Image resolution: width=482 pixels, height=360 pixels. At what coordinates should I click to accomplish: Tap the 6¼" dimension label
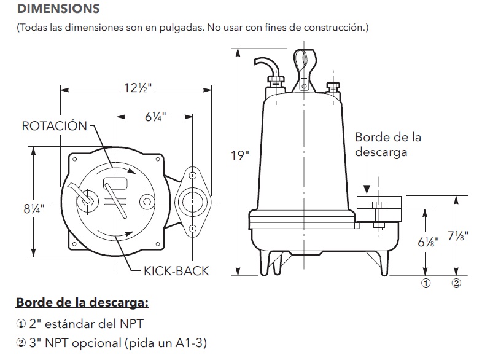pos(155,115)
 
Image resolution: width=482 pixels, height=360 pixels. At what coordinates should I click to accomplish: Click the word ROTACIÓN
pos(55,126)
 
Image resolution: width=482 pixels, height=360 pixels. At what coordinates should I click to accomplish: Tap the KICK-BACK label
pos(176,271)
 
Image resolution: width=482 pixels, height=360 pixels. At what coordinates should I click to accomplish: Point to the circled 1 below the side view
pos(424,283)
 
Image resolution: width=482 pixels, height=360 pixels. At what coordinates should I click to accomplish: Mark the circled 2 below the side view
pos(456,283)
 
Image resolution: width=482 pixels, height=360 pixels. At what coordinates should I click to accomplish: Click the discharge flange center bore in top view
pos(192,200)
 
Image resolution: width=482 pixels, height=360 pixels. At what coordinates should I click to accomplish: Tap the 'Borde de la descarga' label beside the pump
pos(388,145)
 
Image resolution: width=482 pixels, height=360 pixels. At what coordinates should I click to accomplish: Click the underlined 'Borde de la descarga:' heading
pos(82,303)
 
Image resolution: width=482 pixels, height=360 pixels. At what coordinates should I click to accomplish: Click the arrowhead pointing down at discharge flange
pos(366,189)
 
